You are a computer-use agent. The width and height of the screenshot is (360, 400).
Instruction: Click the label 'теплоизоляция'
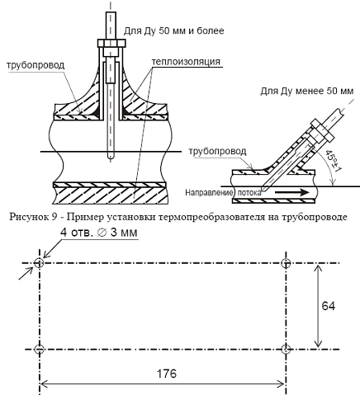click(186, 62)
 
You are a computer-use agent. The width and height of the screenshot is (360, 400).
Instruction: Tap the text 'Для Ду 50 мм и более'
click(173, 31)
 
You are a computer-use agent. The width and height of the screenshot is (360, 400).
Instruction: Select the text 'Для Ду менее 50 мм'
click(307, 91)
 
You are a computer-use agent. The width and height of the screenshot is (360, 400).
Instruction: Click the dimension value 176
click(167, 374)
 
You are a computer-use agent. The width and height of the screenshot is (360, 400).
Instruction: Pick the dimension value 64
click(329, 306)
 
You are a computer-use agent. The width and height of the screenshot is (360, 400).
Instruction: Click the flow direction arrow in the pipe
click(292, 192)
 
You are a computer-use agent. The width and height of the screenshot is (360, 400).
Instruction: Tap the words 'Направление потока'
click(223, 193)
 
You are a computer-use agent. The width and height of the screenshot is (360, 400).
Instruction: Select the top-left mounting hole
click(39, 263)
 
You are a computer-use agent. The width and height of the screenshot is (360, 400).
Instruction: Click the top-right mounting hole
click(287, 263)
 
